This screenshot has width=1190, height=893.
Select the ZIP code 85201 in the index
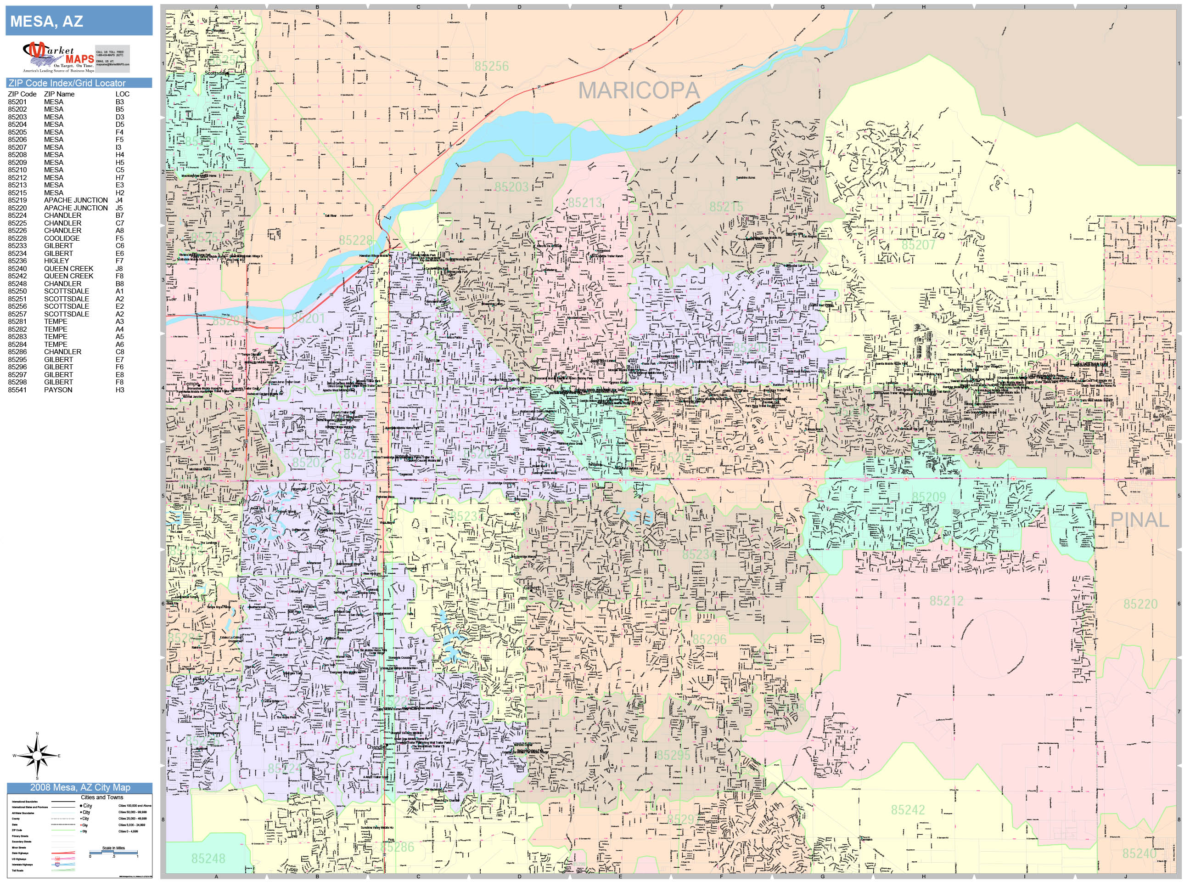click(17, 102)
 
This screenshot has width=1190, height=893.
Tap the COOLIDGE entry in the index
click(62, 238)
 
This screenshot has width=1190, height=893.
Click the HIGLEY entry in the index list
click(56, 260)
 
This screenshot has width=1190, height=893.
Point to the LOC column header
click(122, 94)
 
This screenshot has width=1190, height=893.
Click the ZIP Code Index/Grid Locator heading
click(67, 83)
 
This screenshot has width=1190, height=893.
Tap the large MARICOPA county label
click(639, 90)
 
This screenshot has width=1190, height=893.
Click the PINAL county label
click(1139, 520)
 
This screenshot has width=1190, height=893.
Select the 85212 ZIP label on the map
click(946, 600)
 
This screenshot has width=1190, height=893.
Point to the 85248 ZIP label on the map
click(208, 858)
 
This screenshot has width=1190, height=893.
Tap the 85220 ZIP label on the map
click(1140, 604)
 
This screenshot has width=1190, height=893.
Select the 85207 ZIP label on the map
click(918, 245)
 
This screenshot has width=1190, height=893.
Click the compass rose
click(37, 756)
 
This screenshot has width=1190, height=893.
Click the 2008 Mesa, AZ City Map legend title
click(79, 787)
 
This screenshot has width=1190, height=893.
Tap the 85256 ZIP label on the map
click(491, 66)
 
